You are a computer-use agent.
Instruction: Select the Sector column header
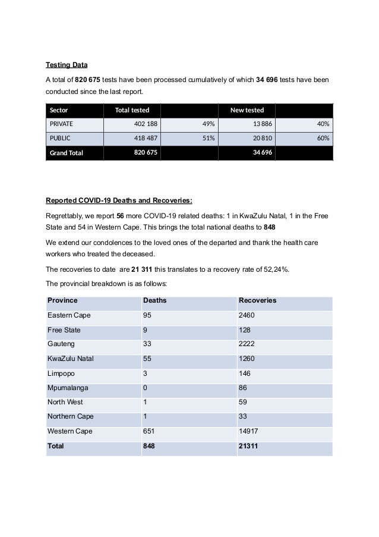59,110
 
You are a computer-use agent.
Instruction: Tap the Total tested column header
132,110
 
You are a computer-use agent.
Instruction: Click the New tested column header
247,110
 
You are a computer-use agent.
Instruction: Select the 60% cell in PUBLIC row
323,138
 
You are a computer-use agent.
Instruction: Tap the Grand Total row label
66,152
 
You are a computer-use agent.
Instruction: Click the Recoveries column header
257,300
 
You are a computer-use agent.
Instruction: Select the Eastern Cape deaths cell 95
148,315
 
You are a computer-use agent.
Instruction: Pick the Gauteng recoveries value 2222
246,344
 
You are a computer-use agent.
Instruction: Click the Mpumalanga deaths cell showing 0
146,387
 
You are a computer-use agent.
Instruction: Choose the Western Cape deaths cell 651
150,431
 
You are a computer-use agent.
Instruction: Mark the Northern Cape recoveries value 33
242,416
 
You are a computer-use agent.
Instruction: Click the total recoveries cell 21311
248,445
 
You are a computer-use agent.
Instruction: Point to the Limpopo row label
61,373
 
